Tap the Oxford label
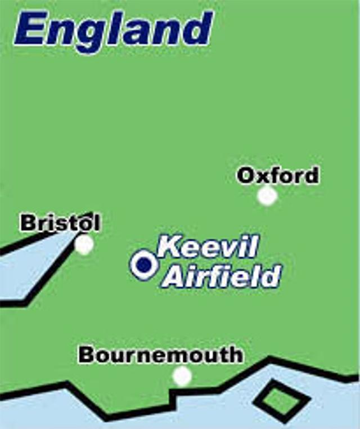coord(278,176)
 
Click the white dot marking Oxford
coord(268,196)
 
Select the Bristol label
coord(60,223)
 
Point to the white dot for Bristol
coord(84,244)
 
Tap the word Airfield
coord(223,276)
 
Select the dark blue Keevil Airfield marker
coord(144,264)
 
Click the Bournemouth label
coord(161,355)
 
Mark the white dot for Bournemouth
coord(182,376)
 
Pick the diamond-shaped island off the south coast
coord(281,401)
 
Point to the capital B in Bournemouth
coord(86,355)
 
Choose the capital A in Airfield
coord(173,277)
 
